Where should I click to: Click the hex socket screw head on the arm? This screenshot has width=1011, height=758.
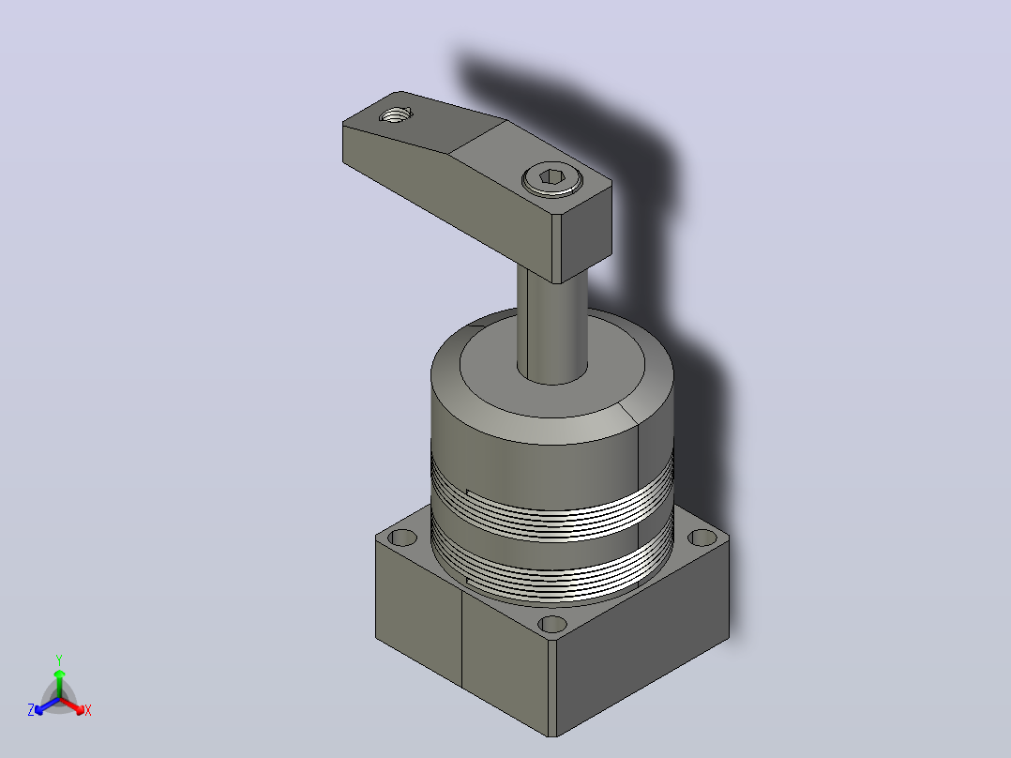(552, 178)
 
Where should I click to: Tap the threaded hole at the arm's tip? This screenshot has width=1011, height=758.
(395, 115)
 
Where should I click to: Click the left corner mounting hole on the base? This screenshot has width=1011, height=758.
(403, 537)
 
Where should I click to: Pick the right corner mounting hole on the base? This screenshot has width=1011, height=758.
(702, 538)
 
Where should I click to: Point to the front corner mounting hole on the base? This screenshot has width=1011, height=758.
(552, 625)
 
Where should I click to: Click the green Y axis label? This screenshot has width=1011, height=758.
(59, 659)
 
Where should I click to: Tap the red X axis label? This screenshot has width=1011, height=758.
(88, 710)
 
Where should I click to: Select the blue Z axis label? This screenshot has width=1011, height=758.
(31, 710)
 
